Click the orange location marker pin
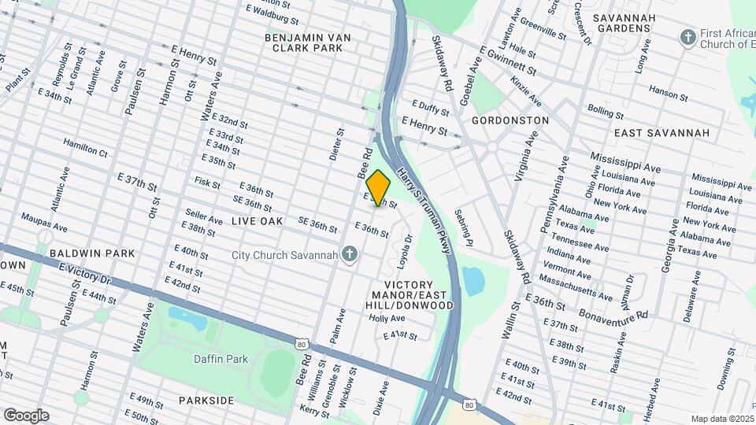379,188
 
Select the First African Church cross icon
688,37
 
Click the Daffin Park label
220,360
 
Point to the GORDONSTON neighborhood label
510,120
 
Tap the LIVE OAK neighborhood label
257,222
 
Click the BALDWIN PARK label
92,253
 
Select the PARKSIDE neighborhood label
206,401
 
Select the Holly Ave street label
387,319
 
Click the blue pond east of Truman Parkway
473,281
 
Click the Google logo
26,416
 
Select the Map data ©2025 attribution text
721,419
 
